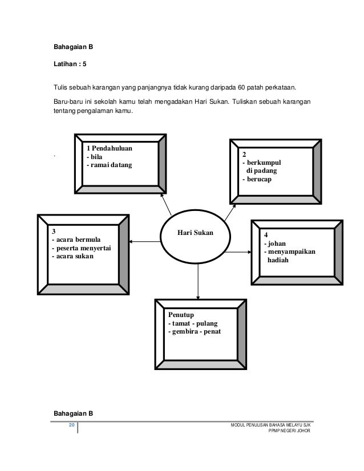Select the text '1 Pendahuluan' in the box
109,148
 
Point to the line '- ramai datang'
108,165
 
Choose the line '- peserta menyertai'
82,248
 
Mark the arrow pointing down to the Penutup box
198,285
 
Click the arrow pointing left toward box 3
148,242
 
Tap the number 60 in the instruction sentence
243,89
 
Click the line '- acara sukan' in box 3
74,257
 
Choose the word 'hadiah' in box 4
278,260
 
